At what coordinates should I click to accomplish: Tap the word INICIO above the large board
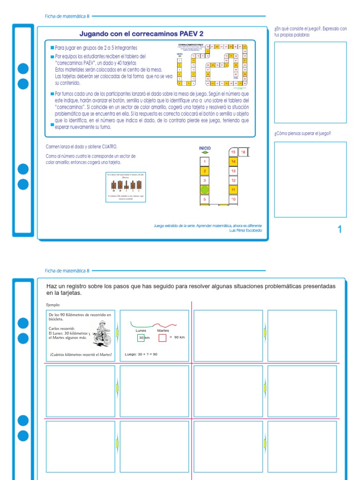(205, 148)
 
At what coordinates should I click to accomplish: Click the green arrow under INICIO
(205, 153)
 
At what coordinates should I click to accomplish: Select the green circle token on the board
(204, 190)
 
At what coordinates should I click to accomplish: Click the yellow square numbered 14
(233, 161)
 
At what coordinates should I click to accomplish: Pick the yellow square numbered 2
(204, 171)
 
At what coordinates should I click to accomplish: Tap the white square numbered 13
(233, 171)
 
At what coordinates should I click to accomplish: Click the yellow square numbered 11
(233, 189)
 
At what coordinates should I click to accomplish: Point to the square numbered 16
(243, 152)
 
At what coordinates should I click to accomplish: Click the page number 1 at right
(340, 229)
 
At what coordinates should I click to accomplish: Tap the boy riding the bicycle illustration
(102, 334)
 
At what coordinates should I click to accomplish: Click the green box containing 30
(141, 337)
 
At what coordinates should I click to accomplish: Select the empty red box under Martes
(162, 337)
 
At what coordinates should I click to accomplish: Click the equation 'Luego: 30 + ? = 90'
(142, 354)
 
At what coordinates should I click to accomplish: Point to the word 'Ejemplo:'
(53, 304)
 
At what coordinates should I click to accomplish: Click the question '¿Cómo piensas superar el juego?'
(302, 134)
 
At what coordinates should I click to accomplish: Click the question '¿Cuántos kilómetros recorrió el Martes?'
(81, 355)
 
